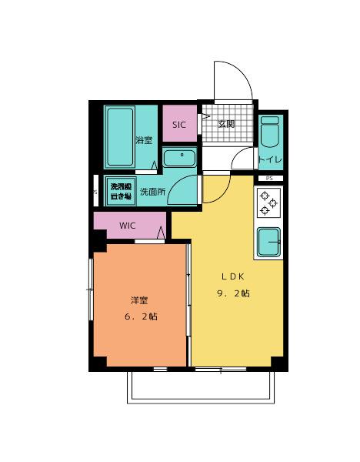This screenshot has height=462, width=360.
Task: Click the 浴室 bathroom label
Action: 144,140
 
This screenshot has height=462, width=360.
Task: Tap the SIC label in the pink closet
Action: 179,125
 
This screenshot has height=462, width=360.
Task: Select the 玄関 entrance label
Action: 225,124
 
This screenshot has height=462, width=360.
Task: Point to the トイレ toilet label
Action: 270,159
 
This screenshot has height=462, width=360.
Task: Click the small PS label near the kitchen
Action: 268,179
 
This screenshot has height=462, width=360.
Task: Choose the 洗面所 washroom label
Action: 152,192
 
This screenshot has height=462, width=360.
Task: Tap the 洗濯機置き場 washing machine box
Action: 120,192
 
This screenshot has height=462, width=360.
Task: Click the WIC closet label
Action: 128,226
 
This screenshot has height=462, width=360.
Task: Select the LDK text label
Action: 235,276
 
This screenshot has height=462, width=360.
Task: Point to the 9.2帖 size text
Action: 235,293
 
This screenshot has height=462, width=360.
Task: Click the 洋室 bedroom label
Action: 139,300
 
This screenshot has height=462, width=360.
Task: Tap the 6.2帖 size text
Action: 140,316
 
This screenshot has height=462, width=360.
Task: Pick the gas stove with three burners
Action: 269,202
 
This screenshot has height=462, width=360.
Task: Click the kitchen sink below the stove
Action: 269,243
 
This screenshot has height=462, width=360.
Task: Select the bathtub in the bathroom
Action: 119,136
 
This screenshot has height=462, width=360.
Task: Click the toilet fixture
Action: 269,138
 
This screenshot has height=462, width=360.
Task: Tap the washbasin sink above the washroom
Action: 180,159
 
